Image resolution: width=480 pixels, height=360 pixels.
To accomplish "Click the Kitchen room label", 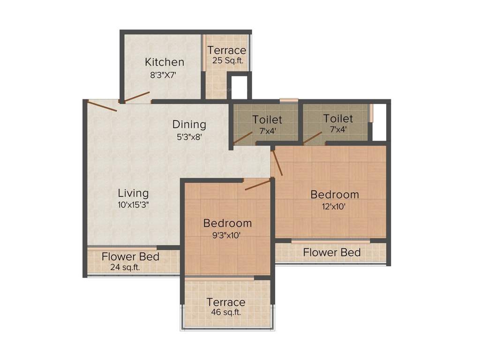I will click(x=164, y=62).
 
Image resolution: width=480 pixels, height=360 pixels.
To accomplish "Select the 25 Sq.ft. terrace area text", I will click(x=227, y=60).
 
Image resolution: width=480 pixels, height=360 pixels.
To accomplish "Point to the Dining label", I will click(x=189, y=124).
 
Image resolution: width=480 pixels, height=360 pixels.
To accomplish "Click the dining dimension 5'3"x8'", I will click(x=189, y=137).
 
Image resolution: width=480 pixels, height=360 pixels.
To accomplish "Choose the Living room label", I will click(x=133, y=193).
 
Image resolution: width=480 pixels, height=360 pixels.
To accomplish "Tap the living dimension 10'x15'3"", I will click(x=133, y=205).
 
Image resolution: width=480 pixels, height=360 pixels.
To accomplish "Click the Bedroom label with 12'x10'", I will click(x=335, y=194).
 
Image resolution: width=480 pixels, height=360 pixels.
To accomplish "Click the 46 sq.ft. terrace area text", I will click(x=226, y=313).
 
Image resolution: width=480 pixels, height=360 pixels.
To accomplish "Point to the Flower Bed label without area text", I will click(x=331, y=253).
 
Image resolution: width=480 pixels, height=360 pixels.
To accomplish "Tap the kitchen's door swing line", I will click(x=136, y=97).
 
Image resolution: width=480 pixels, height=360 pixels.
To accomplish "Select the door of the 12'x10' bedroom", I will click(x=277, y=163).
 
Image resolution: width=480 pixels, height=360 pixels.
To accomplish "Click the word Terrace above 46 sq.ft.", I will click(x=226, y=302).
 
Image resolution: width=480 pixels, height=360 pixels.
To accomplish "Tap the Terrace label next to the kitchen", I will click(x=227, y=50).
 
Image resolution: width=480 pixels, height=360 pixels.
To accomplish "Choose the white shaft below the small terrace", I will click(x=239, y=87).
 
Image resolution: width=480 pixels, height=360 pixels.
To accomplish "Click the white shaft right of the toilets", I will click(x=379, y=122).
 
